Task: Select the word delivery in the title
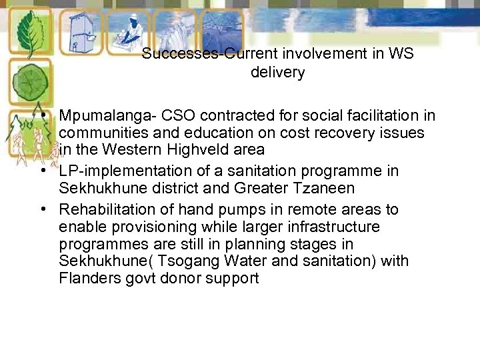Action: point(277,73)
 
